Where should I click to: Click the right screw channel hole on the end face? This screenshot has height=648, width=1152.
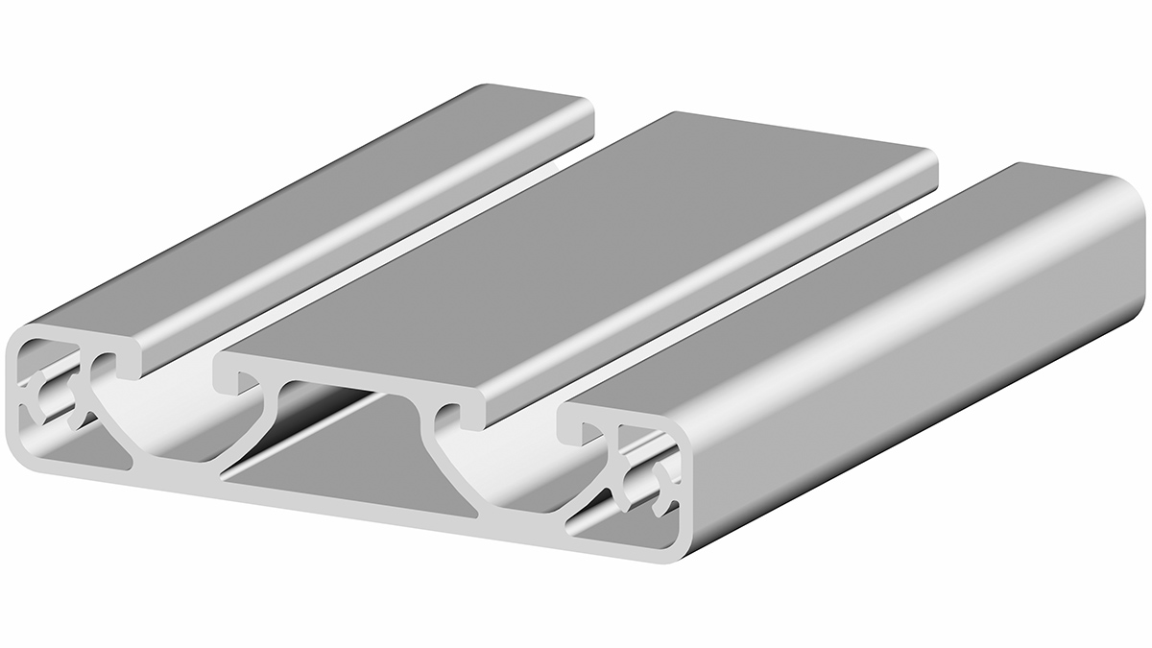point(641,485)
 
